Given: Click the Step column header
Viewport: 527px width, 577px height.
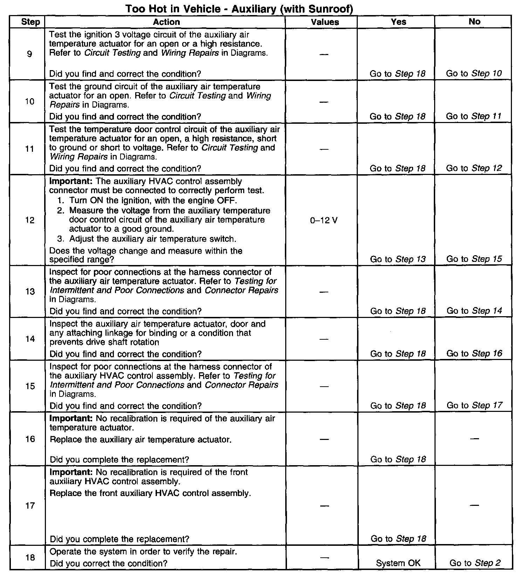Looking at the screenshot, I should [30, 22].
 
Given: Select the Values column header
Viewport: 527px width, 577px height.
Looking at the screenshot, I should [325, 22].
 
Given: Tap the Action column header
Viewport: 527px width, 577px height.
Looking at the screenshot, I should [166, 22].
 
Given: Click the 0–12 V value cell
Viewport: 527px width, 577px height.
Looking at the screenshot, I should [324, 220].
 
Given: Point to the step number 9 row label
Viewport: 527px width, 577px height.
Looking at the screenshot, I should [29, 54].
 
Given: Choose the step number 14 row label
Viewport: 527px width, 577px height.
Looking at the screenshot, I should [30, 339].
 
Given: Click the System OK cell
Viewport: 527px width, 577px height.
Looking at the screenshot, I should [398, 563].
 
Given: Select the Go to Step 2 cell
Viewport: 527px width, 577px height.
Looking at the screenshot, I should [475, 563].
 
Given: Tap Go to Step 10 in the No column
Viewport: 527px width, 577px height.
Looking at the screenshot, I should [474, 74].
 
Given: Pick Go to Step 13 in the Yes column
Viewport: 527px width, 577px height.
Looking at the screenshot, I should [398, 259].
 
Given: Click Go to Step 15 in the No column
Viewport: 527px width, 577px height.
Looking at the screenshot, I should [474, 259].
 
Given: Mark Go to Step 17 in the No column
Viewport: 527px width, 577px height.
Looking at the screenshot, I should [474, 406].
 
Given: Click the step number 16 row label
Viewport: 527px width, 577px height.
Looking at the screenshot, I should [30, 439].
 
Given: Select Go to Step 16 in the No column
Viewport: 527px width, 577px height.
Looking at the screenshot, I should [474, 354].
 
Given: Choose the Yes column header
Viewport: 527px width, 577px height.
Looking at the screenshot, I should [398, 22].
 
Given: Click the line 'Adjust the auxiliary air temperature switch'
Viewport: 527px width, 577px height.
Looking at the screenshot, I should [153, 239].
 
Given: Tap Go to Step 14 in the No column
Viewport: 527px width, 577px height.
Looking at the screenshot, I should [474, 311].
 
